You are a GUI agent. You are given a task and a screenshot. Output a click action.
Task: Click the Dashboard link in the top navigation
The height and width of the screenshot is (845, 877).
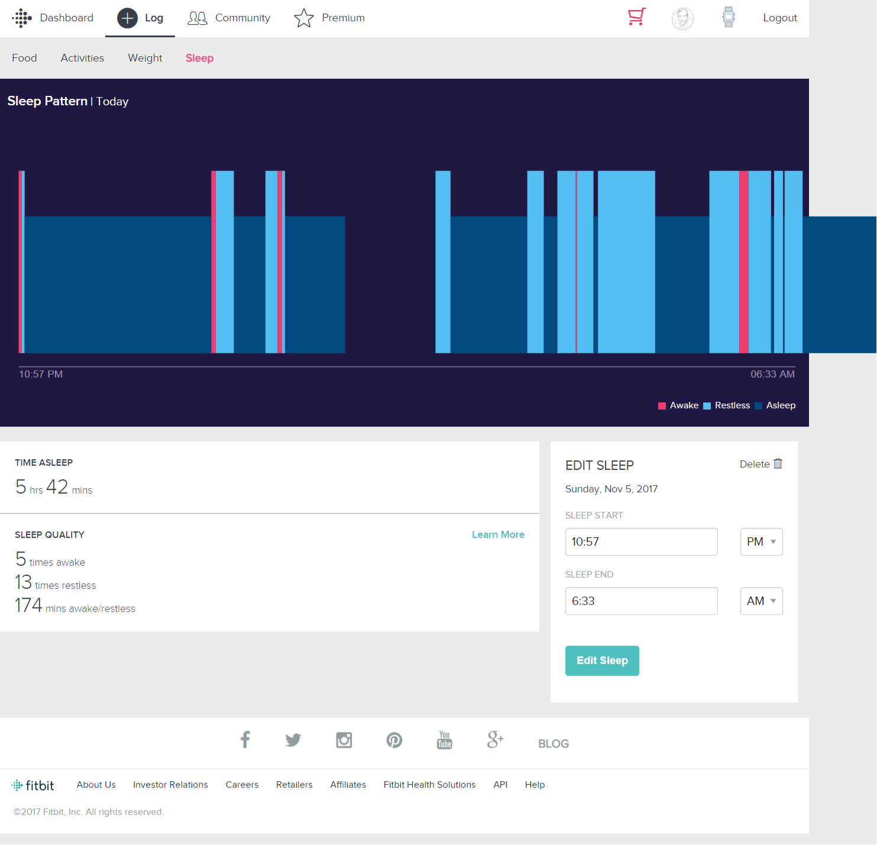66,18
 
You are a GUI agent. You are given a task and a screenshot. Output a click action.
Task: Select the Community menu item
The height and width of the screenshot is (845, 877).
242,18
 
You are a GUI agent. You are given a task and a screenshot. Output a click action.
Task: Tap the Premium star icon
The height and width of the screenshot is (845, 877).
304,18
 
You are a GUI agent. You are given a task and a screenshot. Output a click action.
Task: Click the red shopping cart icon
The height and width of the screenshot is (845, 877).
637,17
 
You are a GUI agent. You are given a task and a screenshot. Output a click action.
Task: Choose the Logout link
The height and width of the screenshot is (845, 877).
779,18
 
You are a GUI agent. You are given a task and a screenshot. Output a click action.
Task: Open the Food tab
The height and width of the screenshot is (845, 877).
24,58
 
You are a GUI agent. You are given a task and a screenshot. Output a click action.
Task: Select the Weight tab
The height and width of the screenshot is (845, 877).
145,58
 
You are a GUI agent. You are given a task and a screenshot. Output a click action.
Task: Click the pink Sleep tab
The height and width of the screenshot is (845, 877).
199,58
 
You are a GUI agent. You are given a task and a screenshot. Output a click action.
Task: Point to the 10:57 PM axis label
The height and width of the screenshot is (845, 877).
41,374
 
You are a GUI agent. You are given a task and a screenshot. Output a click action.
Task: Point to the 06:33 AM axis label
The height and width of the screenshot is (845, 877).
772,374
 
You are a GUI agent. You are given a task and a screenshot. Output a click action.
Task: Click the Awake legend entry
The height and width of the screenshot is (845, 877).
678,405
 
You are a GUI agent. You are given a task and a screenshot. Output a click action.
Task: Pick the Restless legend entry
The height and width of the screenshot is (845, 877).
727,405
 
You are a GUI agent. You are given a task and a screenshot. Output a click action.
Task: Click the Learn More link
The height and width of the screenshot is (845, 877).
498,534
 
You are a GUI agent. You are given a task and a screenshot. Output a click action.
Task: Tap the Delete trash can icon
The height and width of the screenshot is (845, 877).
778,464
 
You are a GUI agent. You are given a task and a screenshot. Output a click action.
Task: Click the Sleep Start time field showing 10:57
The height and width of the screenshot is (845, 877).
641,541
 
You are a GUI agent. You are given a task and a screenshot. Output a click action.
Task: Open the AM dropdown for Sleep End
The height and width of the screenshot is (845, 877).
761,601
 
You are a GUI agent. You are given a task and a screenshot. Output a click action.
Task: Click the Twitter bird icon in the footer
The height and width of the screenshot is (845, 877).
293,740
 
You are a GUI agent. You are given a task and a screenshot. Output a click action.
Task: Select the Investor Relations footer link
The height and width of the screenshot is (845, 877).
170,785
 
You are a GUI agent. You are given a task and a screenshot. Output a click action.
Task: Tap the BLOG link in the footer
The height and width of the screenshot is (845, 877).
554,744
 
